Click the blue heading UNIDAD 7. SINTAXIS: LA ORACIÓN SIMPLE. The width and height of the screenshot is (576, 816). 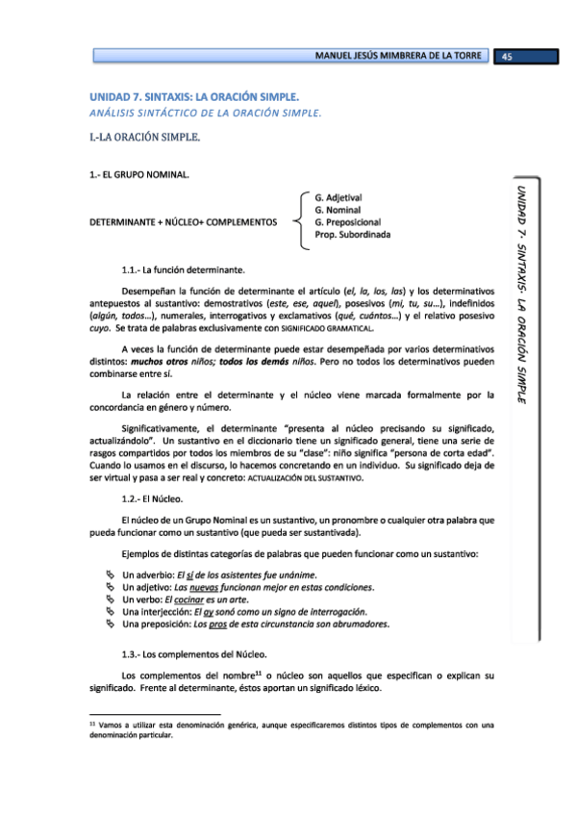pos(195,97)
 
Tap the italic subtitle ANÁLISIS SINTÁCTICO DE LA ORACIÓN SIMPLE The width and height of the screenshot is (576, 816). pos(204,113)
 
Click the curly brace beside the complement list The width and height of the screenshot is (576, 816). pos(301,221)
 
